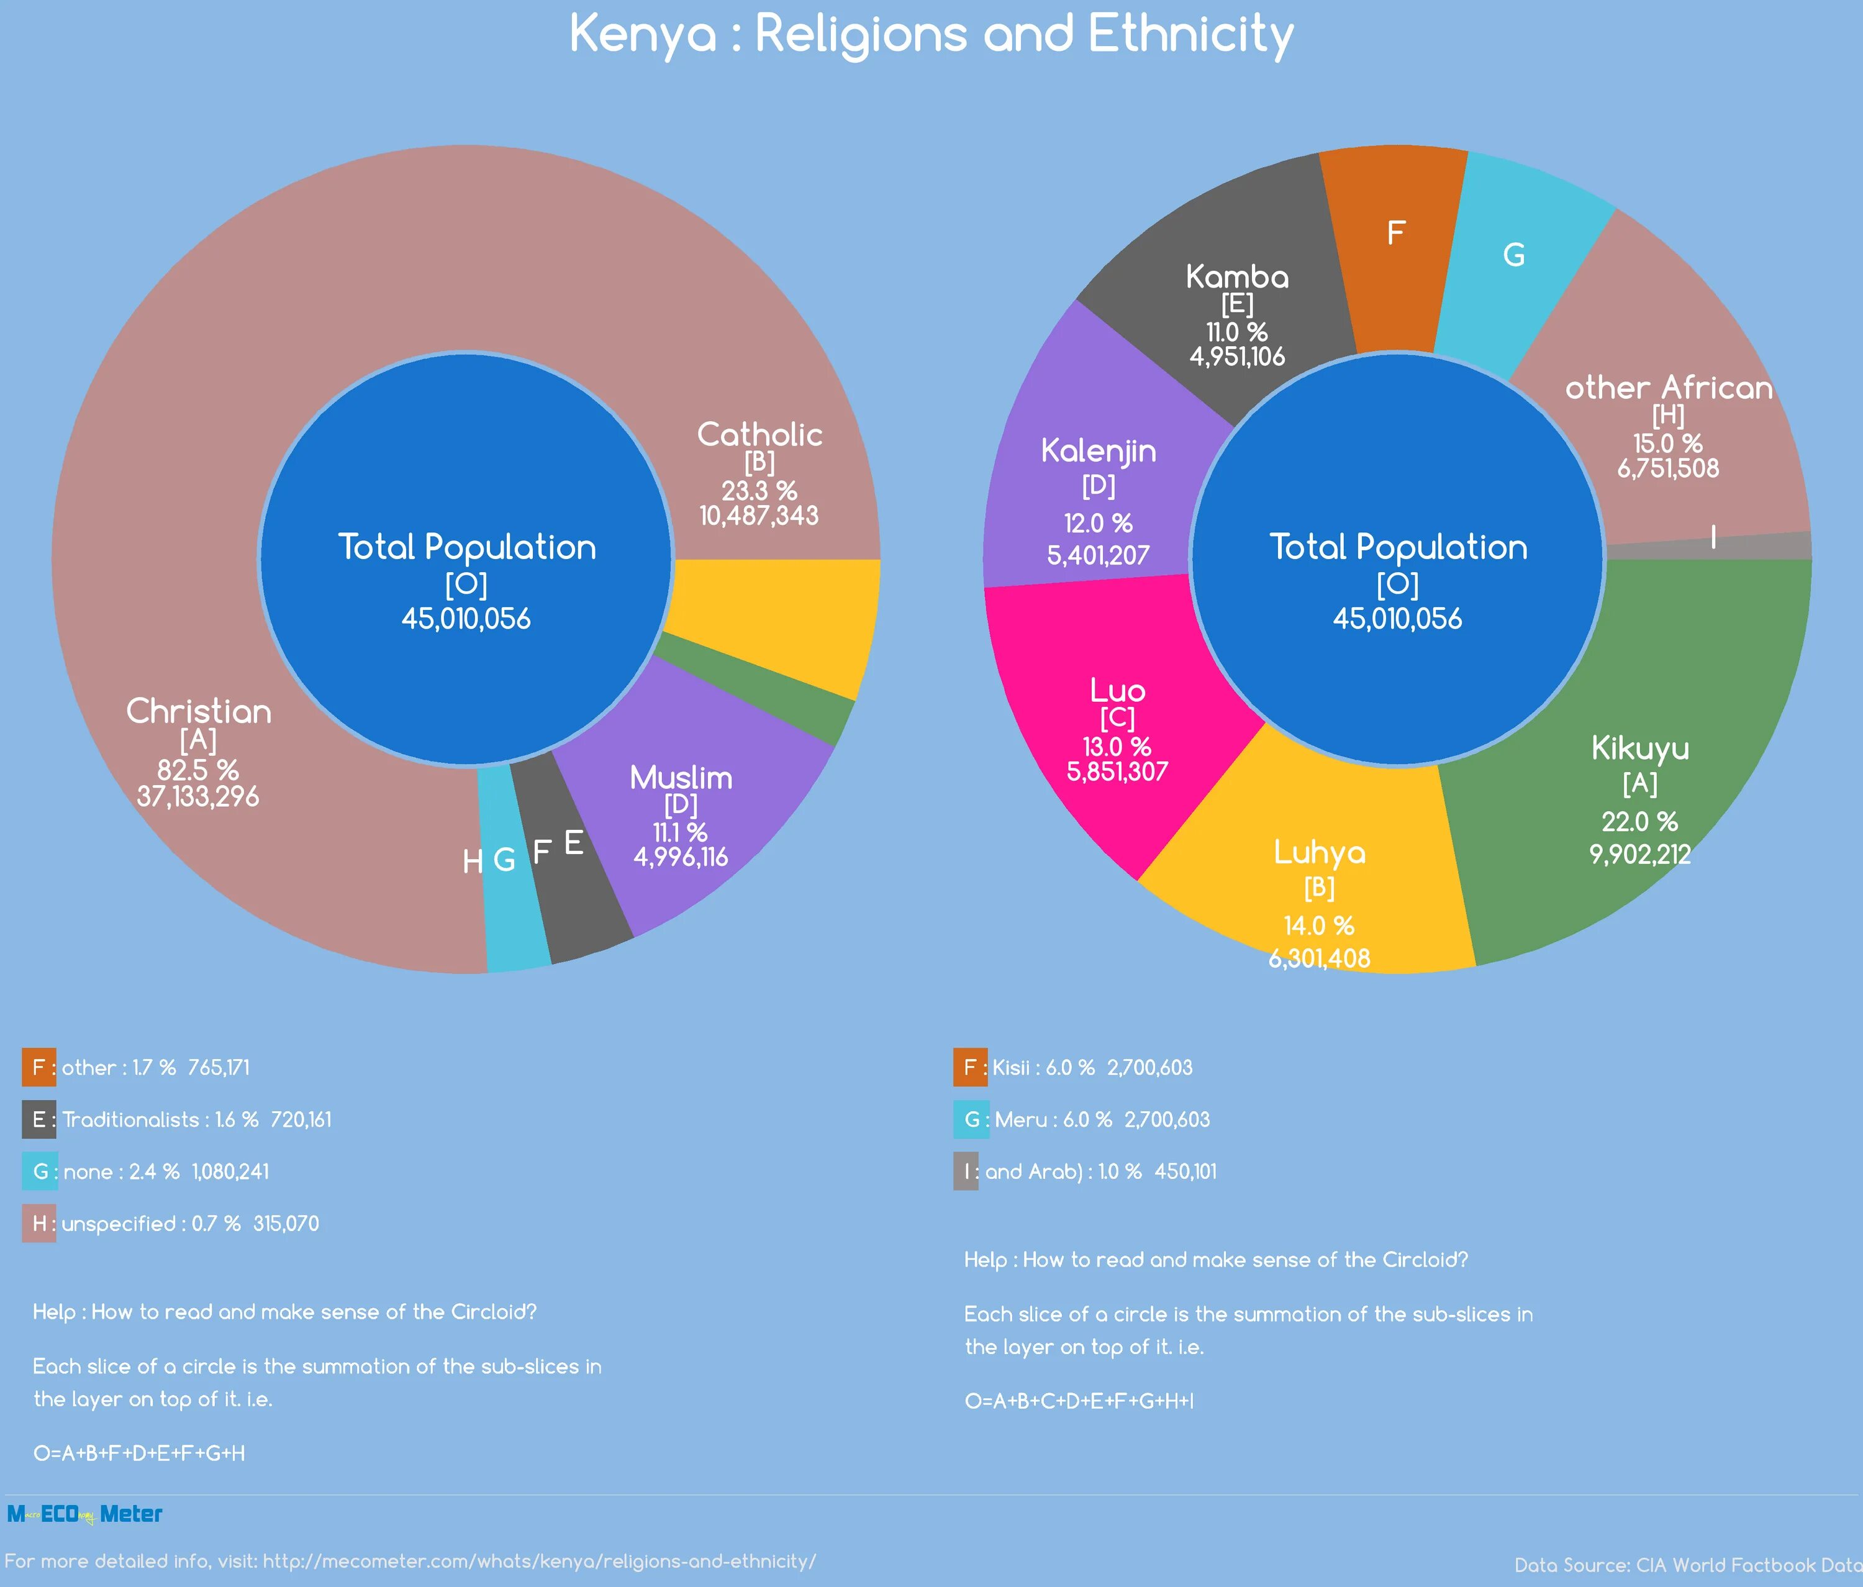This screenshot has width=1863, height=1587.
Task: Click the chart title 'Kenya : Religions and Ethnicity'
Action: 931,36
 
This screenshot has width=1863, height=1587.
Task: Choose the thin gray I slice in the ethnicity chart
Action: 1753,544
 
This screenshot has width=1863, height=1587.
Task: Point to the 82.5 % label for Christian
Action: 198,770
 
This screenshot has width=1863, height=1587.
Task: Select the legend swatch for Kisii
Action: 969,1067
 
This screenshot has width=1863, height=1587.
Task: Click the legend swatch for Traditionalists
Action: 39,1119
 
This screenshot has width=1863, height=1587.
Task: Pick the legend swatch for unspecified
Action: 39,1224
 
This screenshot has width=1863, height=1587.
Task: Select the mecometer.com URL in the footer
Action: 540,1562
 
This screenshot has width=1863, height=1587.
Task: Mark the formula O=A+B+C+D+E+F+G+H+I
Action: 1079,1401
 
